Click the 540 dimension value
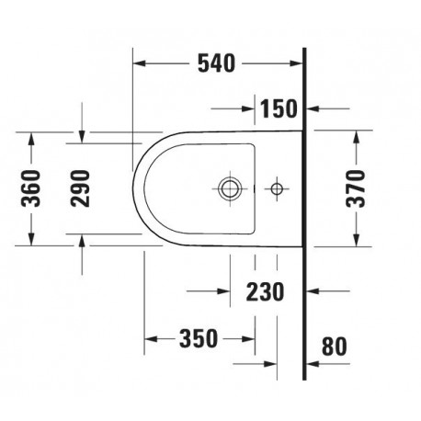tap(216, 63)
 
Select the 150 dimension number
tap(279, 108)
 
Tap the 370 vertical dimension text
tap(356, 188)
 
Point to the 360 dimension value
tap(30, 188)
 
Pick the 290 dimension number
tap(80, 188)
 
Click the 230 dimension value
tap(266, 291)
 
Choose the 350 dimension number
tap(199, 338)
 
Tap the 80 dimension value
tap(335, 347)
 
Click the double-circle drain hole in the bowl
tap(230, 188)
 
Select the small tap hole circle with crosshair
tap(277, 188)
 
